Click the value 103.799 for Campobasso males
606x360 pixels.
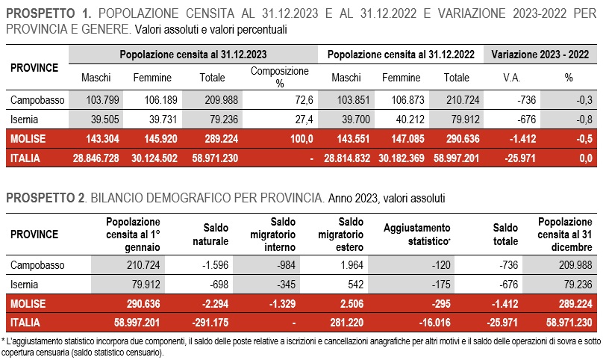click(x=102, y=100)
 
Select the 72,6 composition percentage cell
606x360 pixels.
click(x=304, y=100)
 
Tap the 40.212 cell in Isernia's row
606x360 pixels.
click(x=410, y=120)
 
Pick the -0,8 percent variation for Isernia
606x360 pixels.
click(x=584, y=120)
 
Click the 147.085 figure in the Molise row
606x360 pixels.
click(x=407, y=139)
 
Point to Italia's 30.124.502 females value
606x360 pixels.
click(x=154, y=158)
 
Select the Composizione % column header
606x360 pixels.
click(x=280, y=77)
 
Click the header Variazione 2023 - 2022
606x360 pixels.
click(x=540, y=55)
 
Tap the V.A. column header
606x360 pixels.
click(x=512, y=78)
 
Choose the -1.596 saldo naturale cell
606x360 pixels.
click(x=215, y=265)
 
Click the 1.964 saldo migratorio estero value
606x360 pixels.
click(x=352, y=265)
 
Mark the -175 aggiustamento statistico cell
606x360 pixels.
click(x=441, y=285)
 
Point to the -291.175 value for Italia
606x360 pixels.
click(x=210, y=323)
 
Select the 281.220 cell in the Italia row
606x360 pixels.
click(x=347, y=323)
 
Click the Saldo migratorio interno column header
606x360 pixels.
click(x=273, y=235)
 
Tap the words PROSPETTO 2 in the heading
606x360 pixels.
click(x=46, y=198)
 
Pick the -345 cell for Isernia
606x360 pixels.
click(x=286, y=285)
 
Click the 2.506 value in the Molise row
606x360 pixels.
click(x=352, y=304)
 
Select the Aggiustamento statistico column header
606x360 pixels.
click(x=417, y=235)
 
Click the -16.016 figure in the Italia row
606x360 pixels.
click(x=435, y=323)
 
